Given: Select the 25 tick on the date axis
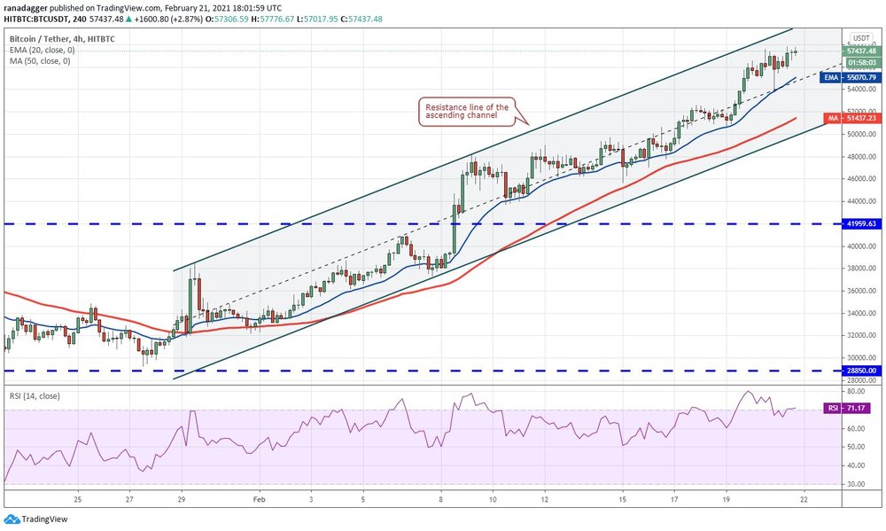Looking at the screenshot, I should pos(79,500).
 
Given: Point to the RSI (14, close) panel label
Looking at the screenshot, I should pos(35,395).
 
